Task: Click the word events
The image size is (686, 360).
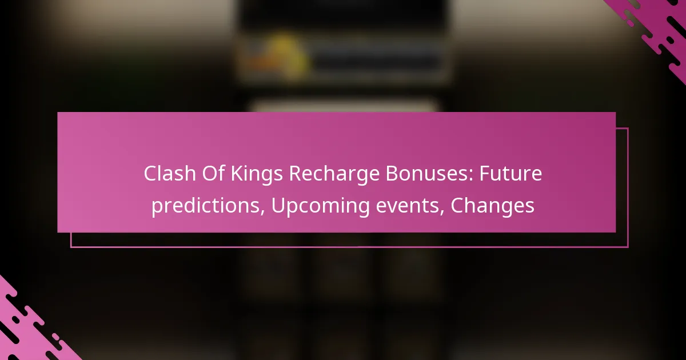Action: point(418,206)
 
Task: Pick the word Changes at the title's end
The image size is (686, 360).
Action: point(493,206)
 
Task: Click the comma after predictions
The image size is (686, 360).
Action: point(264,212)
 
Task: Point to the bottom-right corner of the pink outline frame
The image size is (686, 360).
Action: point(628,247)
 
